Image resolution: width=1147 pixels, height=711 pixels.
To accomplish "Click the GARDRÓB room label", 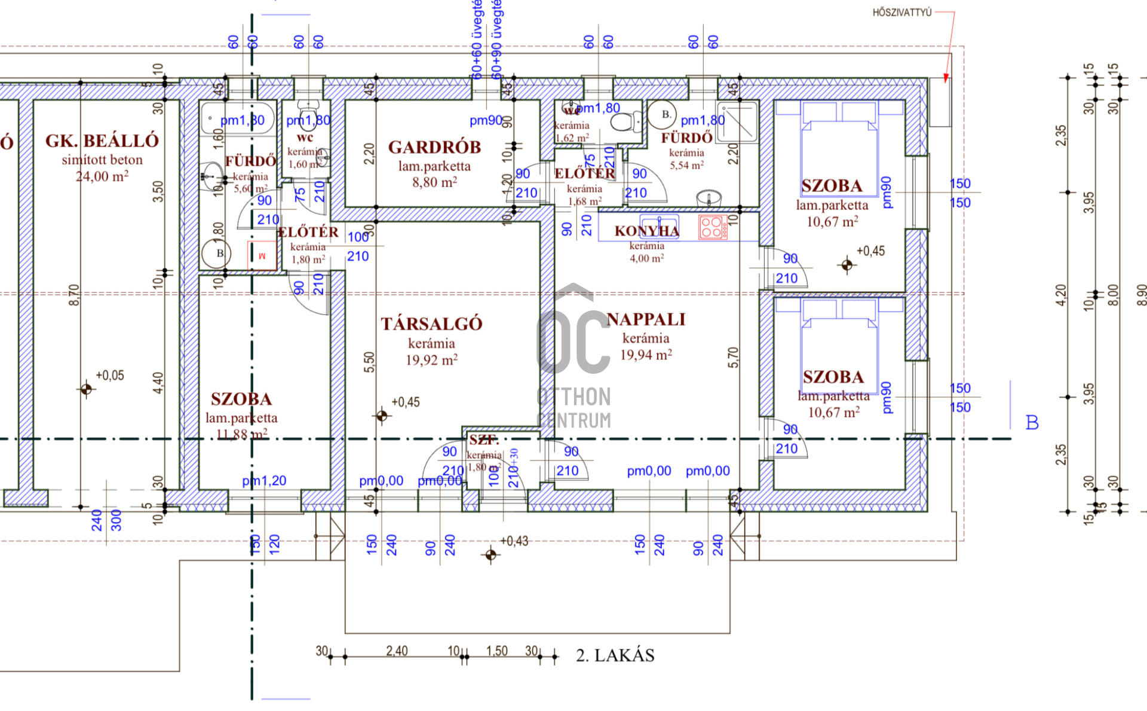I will click(x=434, y=147).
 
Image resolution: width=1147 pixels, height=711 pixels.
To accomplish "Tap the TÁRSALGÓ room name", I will click(x=431, y=324).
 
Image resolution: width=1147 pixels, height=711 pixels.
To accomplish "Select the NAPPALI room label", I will click(x=646, y=319).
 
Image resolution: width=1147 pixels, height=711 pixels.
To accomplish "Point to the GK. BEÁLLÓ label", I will click(x=102, y=141).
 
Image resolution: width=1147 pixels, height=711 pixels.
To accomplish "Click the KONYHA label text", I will click(x=646, y=231).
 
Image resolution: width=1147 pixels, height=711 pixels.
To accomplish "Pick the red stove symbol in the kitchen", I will click(x=713, y=227).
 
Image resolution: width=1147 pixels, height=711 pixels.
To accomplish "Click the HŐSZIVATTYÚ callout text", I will click(x=901, y=13).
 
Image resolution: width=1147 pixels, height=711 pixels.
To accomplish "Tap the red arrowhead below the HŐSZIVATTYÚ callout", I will click(x=946, y=78).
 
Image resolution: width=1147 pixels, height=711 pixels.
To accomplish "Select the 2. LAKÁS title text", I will click(x=615, y=655).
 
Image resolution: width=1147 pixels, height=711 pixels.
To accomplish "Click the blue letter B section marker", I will click(x=1032, y=423).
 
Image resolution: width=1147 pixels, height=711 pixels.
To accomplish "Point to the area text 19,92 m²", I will click(x=431, y=360).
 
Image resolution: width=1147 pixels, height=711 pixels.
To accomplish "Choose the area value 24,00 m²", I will click(x=102, y=176).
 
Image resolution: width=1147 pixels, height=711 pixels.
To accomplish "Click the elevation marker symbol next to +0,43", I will click(x=491, y=555).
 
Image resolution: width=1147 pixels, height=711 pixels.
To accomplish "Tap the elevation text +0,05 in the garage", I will click(x=110, y=376).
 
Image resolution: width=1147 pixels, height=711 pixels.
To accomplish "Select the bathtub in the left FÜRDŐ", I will click(x=238, y=118).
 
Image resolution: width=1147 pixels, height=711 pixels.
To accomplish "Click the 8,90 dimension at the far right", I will click(x=1141, y=294).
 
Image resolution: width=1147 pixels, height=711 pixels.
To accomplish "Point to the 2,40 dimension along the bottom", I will click(x=397, y=651).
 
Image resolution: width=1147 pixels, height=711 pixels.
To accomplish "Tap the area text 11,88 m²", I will click(x=241, y=435).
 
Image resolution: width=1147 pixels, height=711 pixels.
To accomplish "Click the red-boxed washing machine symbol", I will click(x=262, y=255).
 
